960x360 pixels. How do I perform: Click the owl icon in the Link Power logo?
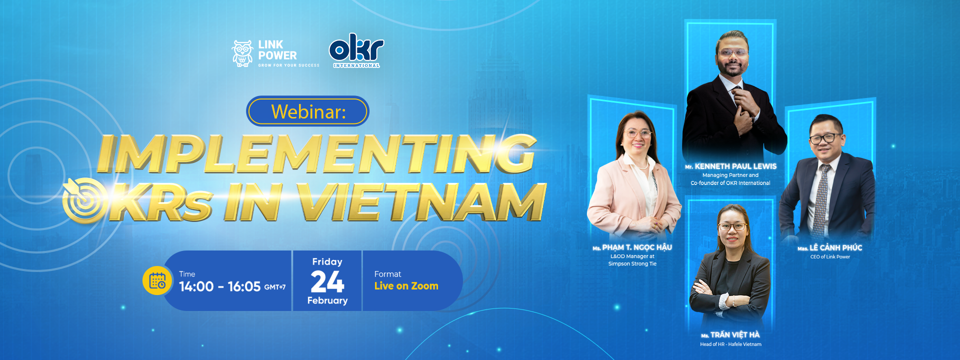click(242, 53)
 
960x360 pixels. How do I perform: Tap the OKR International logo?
click(356, 50)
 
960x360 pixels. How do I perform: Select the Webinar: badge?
click(307, 111)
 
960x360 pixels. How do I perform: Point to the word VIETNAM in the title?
click(421, 201)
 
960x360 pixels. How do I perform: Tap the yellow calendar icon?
click(157, 280)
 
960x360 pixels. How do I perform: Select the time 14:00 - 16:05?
click(220, 286)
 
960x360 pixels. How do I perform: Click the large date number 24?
click(327, 281)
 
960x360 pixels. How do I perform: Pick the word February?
click(327, 300)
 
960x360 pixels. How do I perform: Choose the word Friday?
click(327, 262)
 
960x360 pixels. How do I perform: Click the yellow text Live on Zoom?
click(406, 286)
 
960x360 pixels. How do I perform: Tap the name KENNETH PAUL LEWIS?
click(735, 166)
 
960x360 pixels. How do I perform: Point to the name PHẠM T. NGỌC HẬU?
click(637, 247)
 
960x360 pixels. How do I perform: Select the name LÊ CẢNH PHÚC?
click(836, 247)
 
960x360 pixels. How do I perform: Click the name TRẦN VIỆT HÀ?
click(735, 335)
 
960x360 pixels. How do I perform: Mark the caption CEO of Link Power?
click(830, 257)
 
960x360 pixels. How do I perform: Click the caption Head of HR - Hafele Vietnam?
click(730, 344)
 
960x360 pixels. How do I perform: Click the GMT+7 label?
click(275, 287)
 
